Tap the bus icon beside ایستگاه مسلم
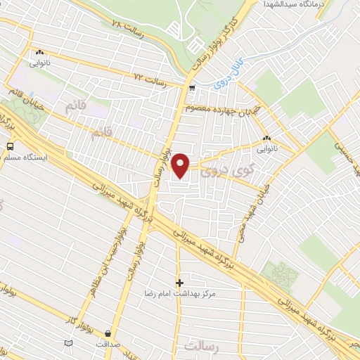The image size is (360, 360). click(x=11, y=146)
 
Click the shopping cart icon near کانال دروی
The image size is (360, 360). click(x=192, y=88)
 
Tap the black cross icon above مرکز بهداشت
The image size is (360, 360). click(x=179, y=282)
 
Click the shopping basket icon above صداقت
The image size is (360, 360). click(x=107, y=334)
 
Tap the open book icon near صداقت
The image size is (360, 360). click(x=68, y=343)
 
